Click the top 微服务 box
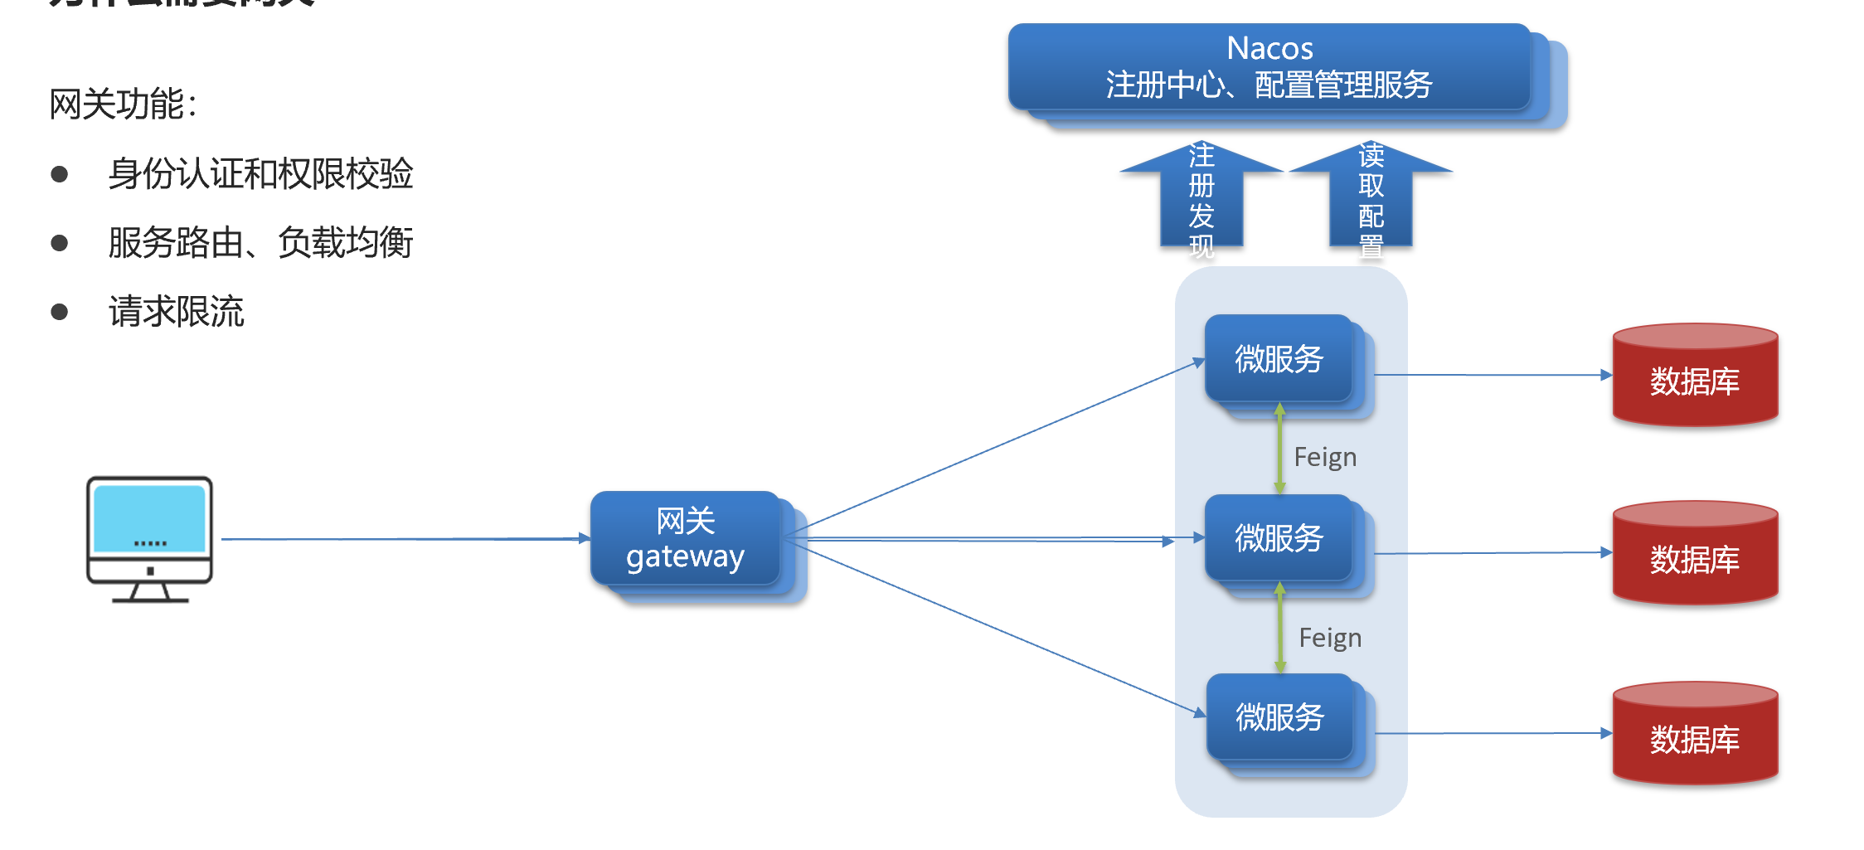coord(1279,359)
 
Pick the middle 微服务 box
coord(1279,538)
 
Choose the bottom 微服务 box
coord(1279,717)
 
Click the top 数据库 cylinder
coord(1695,377)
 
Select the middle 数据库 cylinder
coord(1695,555)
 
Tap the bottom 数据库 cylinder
coord(1695,736)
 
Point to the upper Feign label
coord(1325,457)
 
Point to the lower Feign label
coord(1330,638)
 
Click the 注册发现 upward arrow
coord(1201,199)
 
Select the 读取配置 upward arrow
coord(1371,199)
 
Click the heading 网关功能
coord(123,104)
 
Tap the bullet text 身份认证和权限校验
coord(260,173)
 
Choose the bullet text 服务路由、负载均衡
coord(260,242)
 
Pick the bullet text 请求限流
coord(177,312)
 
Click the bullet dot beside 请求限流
coord(59,312)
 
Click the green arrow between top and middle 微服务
coord(1279,449)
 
